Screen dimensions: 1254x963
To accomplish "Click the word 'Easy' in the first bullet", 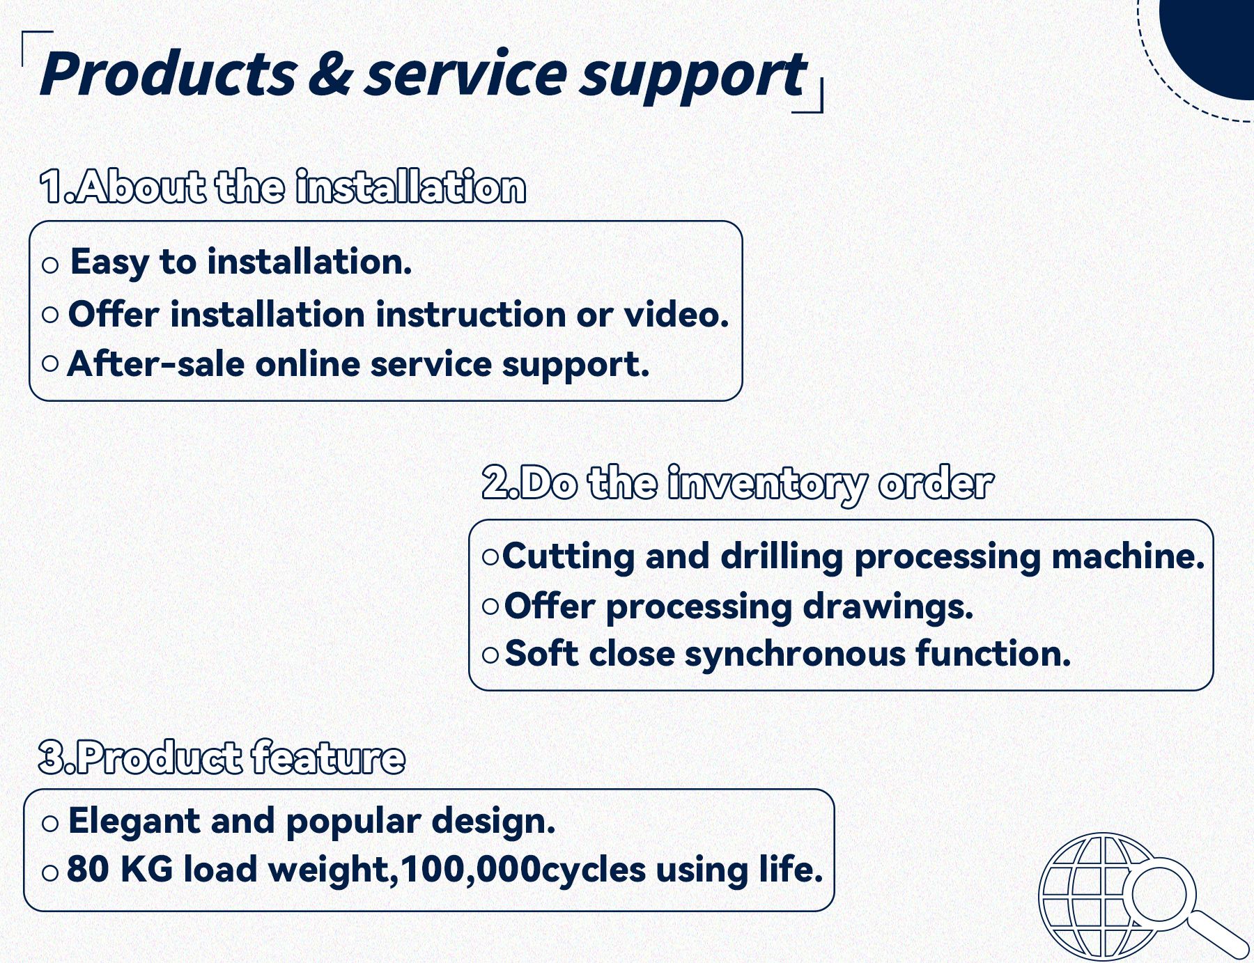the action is click(x=109, y=263).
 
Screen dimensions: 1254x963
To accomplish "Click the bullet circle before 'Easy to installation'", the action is click(x=50, y=265).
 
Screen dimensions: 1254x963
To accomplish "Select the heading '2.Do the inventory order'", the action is click(x=737, y=483).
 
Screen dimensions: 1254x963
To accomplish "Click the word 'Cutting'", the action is click(x=568, y=557).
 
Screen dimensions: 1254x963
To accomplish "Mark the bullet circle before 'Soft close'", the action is click(x=490, y=655).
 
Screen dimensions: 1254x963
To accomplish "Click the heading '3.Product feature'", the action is click(x=222, y=757).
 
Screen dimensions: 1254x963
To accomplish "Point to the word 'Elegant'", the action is click(x=134, y=822).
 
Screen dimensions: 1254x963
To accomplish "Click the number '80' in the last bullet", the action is click(x=88, y=869).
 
